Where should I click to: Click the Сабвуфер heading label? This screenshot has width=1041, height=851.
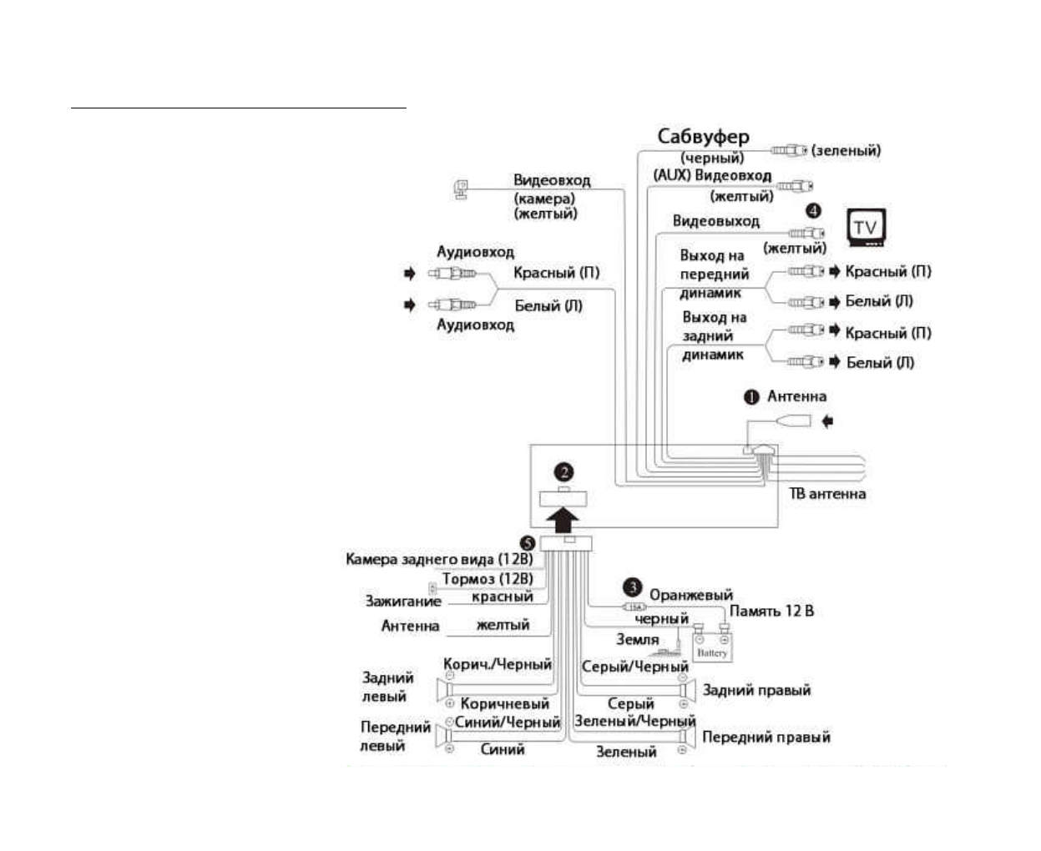click(703, 137)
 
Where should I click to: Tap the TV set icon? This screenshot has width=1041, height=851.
click(866, 227)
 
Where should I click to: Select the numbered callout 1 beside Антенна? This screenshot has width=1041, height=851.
click(751, 397)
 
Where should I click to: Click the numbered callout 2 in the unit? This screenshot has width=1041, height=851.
click(565, 472)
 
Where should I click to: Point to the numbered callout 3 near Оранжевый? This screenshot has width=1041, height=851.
click(634, 587)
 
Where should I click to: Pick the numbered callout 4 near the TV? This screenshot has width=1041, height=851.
click(813, 211)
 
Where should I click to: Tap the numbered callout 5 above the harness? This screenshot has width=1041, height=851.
click(528, 542)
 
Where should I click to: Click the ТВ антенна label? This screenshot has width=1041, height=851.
click(827, 494)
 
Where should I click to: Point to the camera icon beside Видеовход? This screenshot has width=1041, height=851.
click(460, 189)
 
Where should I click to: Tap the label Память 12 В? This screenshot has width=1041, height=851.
click(771, 611)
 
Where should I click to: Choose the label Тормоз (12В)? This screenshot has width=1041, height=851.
click(488, 578)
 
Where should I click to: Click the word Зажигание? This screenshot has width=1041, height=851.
click(403, 601)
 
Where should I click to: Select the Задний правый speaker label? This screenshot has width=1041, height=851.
click(756, 690)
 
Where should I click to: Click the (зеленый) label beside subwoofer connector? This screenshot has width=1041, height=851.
click(846, 150)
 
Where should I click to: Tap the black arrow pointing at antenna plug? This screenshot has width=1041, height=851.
click(827, 422)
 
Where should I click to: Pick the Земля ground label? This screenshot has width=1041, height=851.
click(638, 639)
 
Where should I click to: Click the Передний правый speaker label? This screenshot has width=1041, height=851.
click(766, 737)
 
